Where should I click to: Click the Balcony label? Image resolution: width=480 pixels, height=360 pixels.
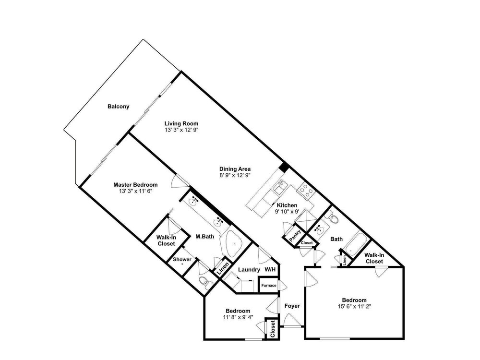118,107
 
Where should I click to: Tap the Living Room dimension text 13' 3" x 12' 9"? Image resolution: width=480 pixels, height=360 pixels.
181,130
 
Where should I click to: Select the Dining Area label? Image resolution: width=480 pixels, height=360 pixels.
235,169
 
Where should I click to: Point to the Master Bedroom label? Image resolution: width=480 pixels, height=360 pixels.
135,185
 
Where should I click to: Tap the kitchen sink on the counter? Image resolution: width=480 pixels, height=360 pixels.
279,187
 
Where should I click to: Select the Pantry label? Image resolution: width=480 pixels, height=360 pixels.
295,236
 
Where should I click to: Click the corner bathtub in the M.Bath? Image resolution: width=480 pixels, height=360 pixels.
234,243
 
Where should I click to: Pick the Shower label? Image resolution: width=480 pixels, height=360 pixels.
182,259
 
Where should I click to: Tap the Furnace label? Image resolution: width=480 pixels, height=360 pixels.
269,285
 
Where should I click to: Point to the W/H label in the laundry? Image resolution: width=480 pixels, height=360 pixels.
270,269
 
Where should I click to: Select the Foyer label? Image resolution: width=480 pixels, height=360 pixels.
292,306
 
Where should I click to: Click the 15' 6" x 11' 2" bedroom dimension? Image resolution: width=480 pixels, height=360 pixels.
354,306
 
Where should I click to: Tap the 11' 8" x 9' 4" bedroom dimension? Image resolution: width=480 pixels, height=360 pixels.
238,317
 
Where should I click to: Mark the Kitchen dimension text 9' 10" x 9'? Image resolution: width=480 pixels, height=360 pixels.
287,211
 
